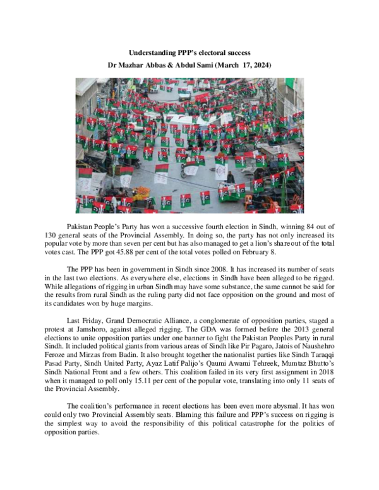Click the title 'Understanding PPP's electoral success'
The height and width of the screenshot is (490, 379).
point(189,52)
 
